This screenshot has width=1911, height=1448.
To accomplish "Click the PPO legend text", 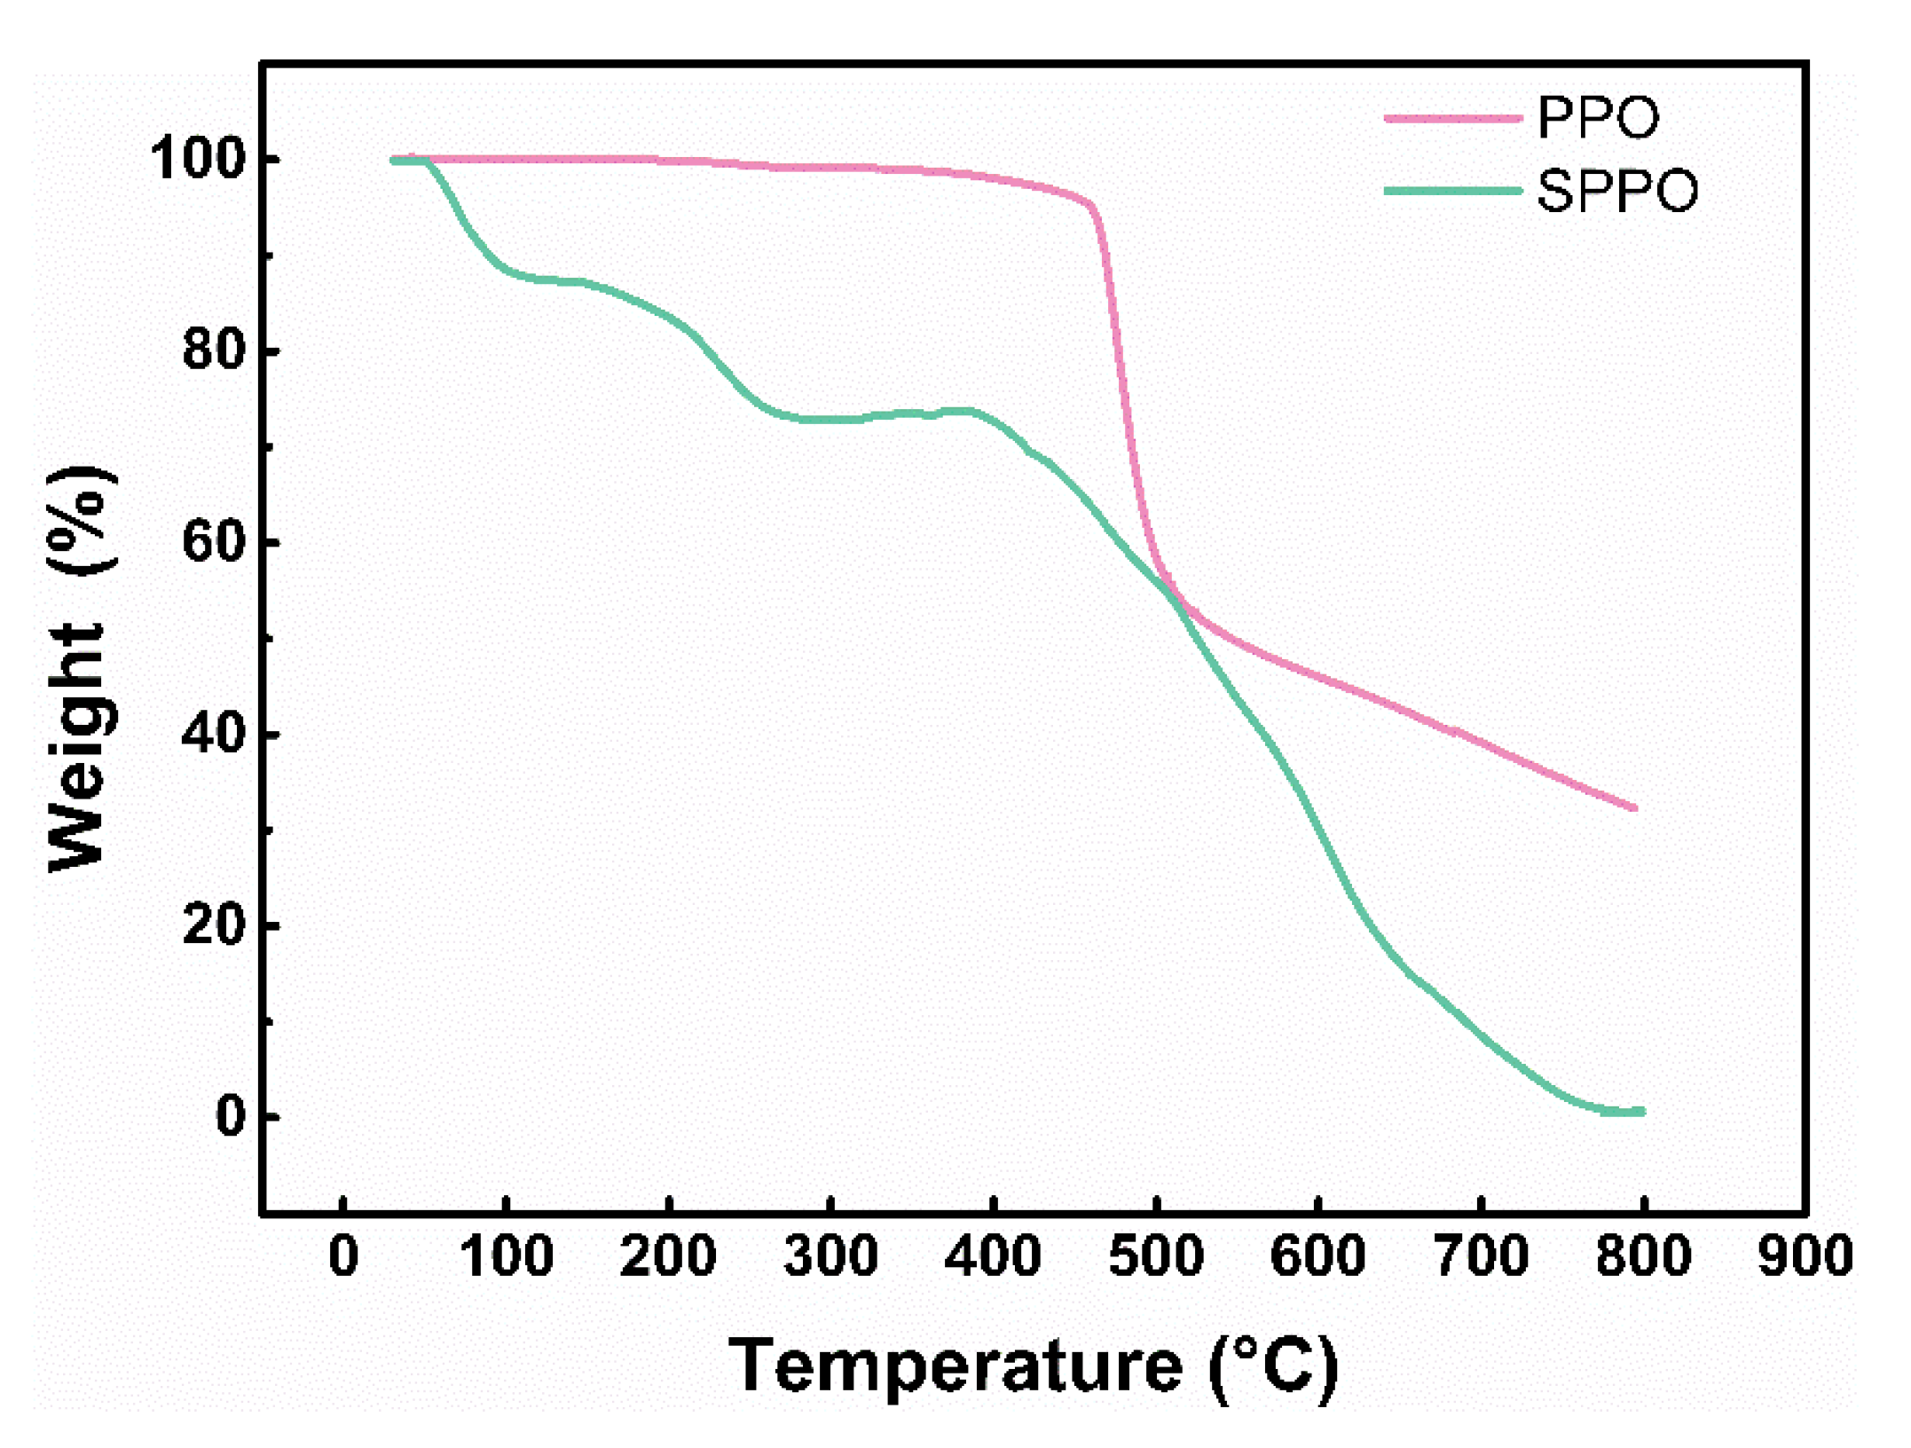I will [x=1598, y=117].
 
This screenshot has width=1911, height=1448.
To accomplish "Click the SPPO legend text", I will [x=1616, y=191].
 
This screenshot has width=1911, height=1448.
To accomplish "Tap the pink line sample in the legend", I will [x=1451, y=118].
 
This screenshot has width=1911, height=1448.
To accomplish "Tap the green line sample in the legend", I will [x=1451, y=191].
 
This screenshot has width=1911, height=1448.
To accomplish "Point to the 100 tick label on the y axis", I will [x=197, y=160].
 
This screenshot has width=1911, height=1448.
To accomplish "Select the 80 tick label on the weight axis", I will [x=213, y=350].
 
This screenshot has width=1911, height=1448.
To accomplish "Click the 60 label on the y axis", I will [x=213, y=542].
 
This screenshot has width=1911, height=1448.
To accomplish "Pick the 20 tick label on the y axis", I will [x=213, y=925].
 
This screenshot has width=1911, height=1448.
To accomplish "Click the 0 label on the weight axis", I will [x=231, y=1116].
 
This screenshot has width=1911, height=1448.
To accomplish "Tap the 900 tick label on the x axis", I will [x=1805, y=1257].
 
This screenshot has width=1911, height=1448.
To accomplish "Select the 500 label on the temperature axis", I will [x=1156, y=1257].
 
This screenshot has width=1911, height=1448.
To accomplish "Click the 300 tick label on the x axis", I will [x=830, y=1257].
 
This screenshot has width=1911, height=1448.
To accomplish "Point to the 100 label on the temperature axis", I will [x=507, y=1257].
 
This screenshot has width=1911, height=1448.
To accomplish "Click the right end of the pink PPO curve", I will [x=1634, y=807].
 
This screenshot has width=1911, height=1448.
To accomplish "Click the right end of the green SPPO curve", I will [x=1641, y=1111].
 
